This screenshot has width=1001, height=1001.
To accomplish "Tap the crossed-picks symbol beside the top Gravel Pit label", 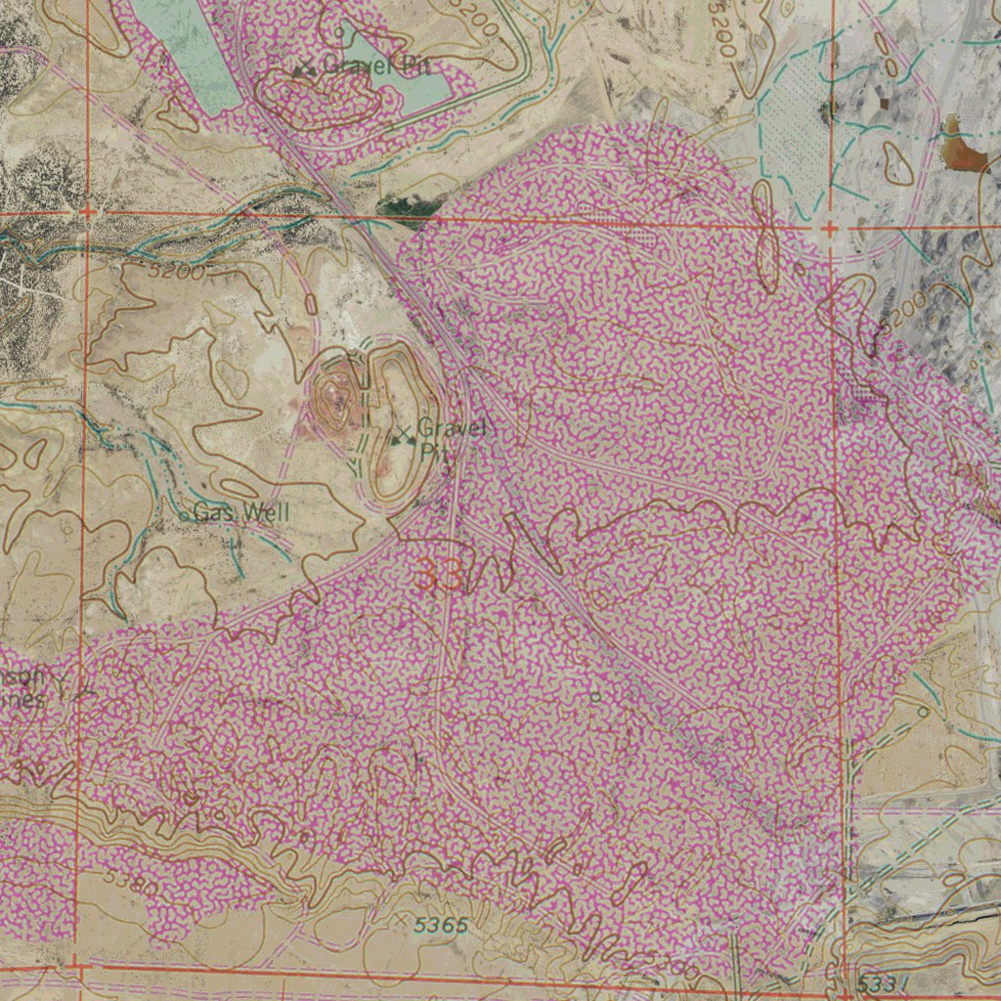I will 305,68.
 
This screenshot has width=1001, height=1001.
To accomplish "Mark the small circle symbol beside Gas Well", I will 184,514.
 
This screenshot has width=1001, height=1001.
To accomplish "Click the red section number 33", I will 440,577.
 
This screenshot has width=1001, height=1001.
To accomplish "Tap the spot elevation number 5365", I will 440,925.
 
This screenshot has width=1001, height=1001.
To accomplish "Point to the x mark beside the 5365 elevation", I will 402,920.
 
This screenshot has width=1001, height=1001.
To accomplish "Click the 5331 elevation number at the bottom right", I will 886,982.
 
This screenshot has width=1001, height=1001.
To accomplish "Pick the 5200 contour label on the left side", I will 178,272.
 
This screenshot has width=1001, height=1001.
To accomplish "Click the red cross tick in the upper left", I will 87,211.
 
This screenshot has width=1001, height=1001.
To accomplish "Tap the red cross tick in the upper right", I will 830,229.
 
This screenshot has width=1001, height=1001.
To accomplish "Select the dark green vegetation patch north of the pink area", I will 404,206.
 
